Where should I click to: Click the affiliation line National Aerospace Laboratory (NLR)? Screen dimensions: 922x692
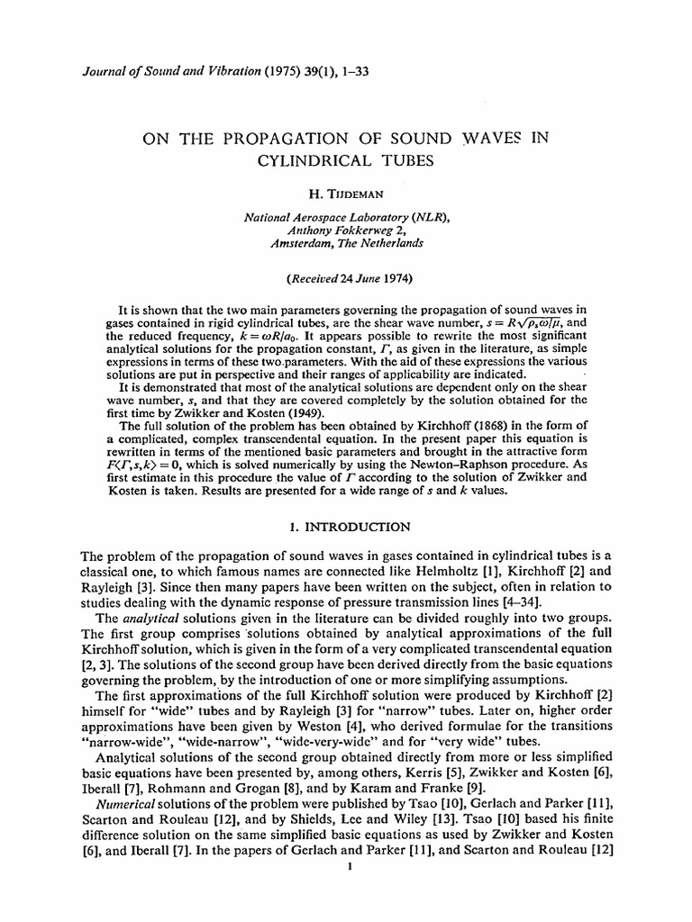[346, 217]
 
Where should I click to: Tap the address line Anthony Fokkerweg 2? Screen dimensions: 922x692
[346, 230]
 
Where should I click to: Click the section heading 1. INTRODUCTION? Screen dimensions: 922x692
[346, 527]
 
